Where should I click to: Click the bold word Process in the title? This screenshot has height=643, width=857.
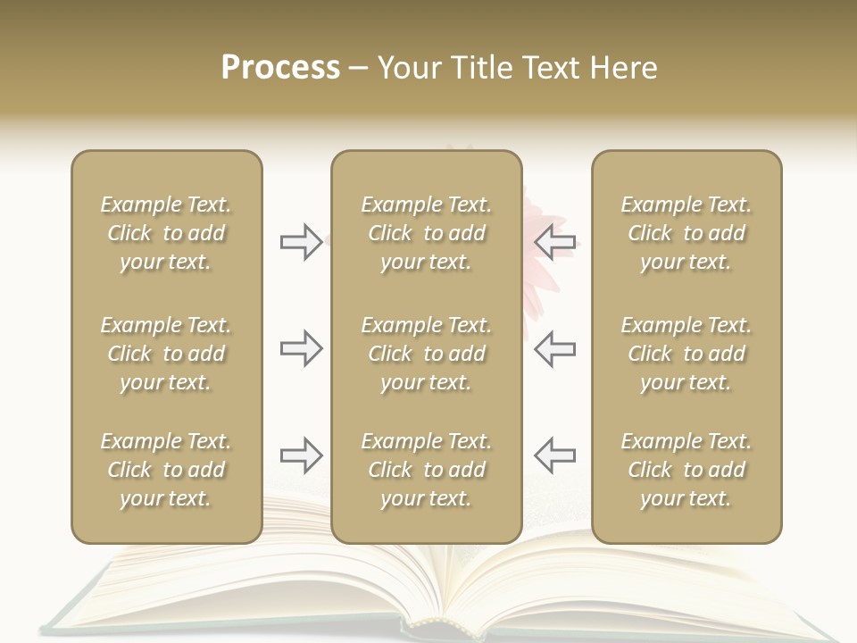(280, 68)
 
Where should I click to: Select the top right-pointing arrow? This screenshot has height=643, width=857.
(301, 242)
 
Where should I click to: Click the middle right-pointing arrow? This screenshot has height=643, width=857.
(301, 348)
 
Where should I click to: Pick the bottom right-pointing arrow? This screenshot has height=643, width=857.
(301, 455)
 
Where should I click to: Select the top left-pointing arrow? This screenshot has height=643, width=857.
(554, 242)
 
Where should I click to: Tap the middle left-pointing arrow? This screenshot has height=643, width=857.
(554, 348)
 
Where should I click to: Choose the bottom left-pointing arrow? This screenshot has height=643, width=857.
(554, 455)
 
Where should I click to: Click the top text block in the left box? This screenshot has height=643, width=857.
(166, 233)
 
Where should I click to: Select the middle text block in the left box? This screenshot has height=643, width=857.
(166, 354)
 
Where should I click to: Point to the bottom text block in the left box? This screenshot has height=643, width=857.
(166, 470)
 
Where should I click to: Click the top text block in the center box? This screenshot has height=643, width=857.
(426, 233)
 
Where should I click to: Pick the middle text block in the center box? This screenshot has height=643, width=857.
(426, 354)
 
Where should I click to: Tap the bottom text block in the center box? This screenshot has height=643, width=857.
(426, 470)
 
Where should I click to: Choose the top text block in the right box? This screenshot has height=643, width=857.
(686, 233)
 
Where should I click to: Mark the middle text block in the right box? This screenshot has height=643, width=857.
(686, 354)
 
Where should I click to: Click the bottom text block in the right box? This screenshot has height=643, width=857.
(686, 470)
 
